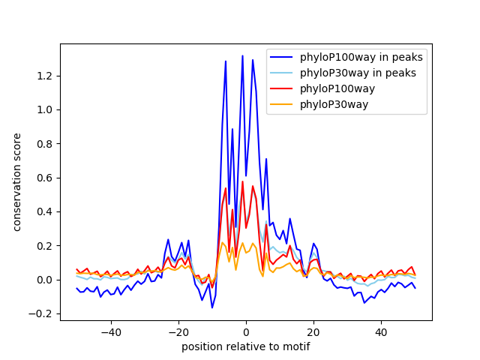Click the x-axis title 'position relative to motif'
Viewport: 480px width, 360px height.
click(245, 346)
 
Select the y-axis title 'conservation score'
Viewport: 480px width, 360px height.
click(17, 182)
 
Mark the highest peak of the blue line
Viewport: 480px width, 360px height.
click(242, 55)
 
